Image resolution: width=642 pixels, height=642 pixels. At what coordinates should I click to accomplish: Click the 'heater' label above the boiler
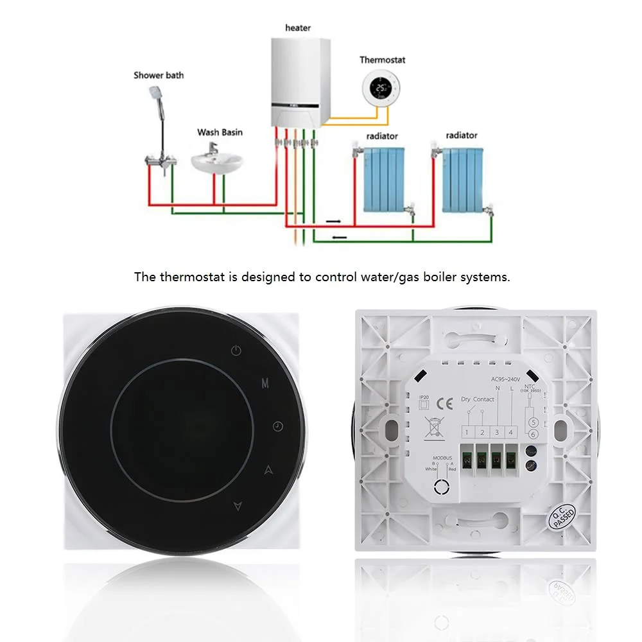[298, 28]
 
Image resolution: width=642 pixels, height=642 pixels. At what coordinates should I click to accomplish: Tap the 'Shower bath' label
[159, 75]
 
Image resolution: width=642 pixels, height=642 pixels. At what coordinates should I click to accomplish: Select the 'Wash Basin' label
[220, 132]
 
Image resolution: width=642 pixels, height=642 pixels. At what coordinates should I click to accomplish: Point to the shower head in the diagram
[152, 96]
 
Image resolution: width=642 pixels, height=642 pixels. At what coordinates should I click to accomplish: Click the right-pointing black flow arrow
[335, 221]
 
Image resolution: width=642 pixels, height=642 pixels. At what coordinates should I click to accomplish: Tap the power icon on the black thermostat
[237, 351]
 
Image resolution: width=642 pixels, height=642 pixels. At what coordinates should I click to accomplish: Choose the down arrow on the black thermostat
[238, 506]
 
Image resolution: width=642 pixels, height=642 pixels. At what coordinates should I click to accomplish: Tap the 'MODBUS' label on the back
[441, 457]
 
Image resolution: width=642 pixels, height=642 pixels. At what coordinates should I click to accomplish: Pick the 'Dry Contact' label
[478, 399]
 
